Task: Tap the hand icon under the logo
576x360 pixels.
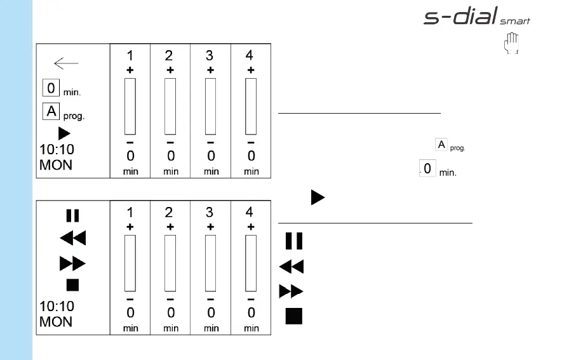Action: point(511,44)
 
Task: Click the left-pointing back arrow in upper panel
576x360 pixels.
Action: point(66,63)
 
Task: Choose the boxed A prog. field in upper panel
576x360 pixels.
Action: point(51,112)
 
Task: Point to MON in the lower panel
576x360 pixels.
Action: point(56,321)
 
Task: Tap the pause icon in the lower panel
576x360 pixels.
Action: point(72,215)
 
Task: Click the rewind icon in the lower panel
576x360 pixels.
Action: point(72,239)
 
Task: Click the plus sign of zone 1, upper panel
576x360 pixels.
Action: point(130,70)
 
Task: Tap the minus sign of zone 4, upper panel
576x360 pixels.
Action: point(251,143)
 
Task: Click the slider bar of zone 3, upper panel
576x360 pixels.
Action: point(210,106)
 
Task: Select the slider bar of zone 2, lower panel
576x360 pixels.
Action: point(170,263)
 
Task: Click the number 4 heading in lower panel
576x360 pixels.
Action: point(250,213)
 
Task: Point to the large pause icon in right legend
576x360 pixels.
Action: point(293,241)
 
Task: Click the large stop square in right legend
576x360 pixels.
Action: point(293,316)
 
